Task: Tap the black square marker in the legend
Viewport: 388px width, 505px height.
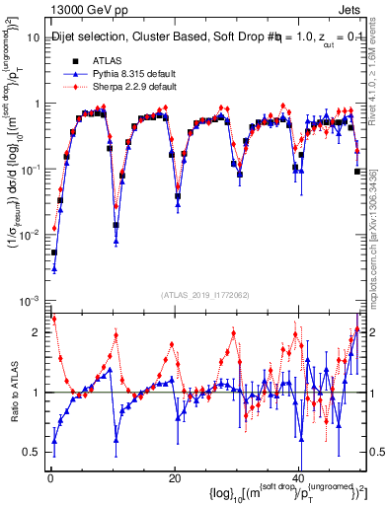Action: click(75, 59)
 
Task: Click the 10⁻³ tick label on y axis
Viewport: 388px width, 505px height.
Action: click(30, 300)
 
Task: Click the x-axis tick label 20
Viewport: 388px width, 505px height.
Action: click(174, 478)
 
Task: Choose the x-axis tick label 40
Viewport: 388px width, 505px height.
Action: click(297, 478)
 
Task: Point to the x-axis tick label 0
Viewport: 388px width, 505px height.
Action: click(49, 478)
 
